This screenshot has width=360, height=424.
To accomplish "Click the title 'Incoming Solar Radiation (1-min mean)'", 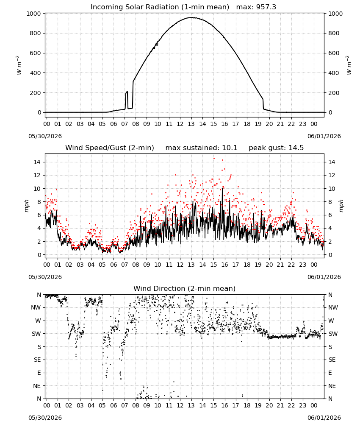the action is tap(160, 7).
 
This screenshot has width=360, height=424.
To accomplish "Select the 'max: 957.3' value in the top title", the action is tap(256, 7).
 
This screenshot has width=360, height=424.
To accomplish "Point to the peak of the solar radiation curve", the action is tap(191, 17).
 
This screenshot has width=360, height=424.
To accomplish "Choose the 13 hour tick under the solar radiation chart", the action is tap(191, 124).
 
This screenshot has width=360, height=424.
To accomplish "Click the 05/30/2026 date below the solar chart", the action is tap(45, 136).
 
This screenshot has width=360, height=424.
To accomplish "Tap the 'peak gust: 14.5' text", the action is tap(276, 148).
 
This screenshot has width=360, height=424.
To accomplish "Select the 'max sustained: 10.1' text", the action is tap(201, 148).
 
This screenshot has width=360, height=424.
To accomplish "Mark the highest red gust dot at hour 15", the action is tap(214, 159).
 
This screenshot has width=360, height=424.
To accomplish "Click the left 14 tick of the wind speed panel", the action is tap(37, 162).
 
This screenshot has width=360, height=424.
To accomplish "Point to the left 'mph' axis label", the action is tap(26, 206).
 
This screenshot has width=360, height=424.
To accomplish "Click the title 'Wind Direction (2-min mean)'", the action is tap(185, 288).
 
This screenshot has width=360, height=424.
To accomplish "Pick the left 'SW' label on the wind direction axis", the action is tap(36, 334).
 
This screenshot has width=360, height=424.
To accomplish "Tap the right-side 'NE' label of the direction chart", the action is tap(332, 386).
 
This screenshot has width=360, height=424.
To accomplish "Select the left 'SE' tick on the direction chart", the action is tap(37, 360).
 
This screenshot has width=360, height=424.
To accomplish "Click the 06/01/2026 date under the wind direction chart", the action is tap(324, 418).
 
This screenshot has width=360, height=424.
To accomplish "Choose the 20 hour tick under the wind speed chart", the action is tap(269, 265).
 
